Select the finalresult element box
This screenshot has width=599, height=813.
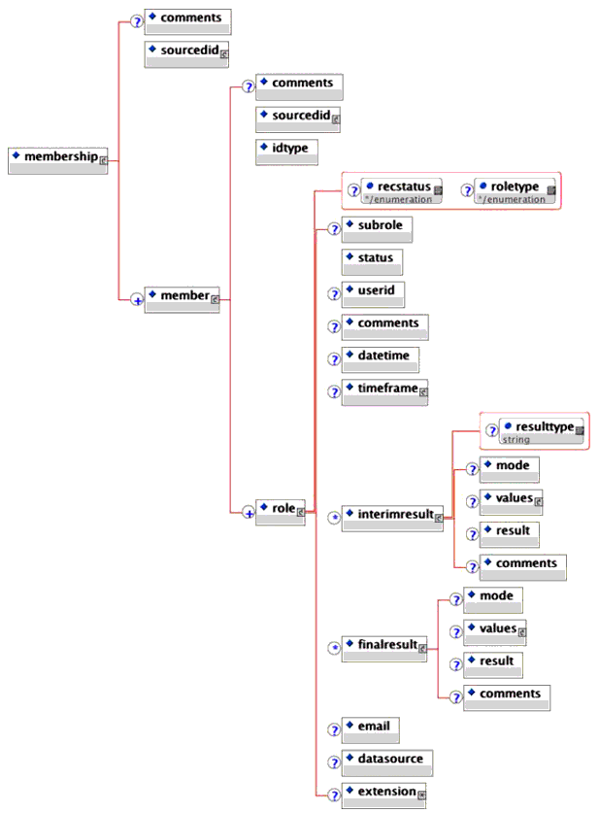tap(385, 649)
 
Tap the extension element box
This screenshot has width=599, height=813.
tap(384, 796)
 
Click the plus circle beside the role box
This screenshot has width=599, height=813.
tap(249, 513)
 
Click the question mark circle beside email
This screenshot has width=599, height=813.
tap(332, 729)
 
